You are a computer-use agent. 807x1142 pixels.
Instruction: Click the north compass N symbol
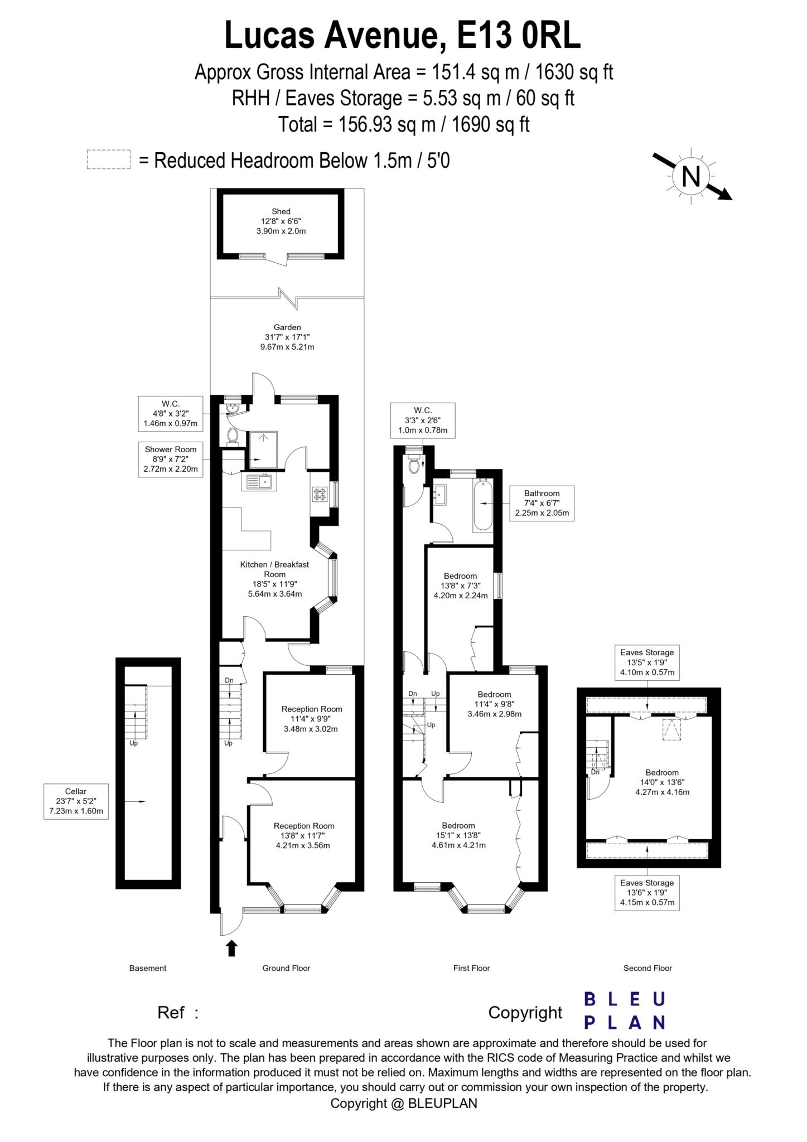[691, 177]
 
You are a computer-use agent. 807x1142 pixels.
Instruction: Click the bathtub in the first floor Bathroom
[482, 504]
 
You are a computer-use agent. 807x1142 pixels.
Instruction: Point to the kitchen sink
[258, 481]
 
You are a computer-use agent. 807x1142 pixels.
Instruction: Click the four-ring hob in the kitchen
[320, 494]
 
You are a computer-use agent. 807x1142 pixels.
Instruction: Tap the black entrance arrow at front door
[232, 948]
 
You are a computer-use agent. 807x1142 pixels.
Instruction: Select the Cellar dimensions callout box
[76, 801]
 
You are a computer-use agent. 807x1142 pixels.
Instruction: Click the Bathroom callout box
[542, 503]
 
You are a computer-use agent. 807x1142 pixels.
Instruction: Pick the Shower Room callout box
[171, 459]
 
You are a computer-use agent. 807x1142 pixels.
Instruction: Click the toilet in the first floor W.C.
[414, 464]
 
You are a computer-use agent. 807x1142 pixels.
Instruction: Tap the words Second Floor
[647, 968]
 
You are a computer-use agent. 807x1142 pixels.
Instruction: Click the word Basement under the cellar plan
[148, 968]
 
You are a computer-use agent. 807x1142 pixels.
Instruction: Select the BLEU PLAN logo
[625, 1010]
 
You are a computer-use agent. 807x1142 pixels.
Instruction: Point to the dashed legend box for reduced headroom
[108, 159]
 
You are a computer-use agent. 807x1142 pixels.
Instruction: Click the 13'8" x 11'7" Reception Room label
[303, 835]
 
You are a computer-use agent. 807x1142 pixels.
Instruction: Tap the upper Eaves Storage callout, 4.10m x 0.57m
[647, 662]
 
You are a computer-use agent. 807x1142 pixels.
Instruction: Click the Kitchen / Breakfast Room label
[274, 579]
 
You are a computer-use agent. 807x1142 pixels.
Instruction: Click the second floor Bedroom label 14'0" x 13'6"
[662, 782]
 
